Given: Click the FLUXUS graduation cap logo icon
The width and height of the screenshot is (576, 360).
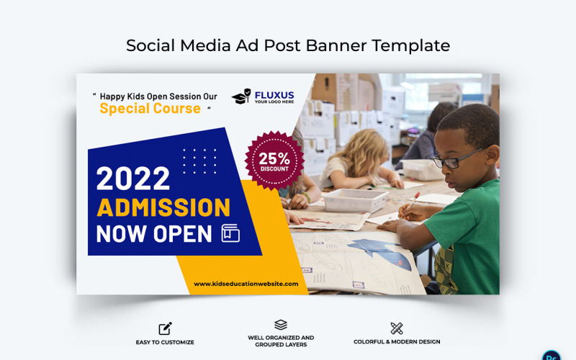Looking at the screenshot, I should [241, 96].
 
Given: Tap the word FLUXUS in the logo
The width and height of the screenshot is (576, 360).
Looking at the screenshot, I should [274, 94].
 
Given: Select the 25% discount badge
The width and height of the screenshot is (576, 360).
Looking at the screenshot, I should [274, 161].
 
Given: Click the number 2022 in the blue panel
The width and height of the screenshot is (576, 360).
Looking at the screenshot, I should [133, 179].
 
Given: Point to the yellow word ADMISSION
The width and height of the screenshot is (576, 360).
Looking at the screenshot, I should [163, 207].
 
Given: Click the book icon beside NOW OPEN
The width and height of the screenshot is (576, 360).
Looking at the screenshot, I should [230, 233].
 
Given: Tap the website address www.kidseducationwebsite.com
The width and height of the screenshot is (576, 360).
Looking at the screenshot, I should [246, 284].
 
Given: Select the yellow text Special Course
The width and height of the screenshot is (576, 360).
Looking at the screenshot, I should [150, 109].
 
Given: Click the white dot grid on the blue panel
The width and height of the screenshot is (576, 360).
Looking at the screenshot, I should [199, 161].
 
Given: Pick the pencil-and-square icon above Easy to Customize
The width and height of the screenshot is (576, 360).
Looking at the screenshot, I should [165, 328].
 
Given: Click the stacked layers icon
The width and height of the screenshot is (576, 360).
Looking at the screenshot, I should [281, 325].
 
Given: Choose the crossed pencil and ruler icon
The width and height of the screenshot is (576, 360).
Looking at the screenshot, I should [397, 328].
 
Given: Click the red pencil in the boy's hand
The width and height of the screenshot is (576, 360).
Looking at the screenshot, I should [413, 204].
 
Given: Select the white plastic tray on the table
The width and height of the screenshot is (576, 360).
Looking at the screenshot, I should [355, 199].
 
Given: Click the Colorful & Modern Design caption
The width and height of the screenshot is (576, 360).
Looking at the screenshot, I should [397, 342].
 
